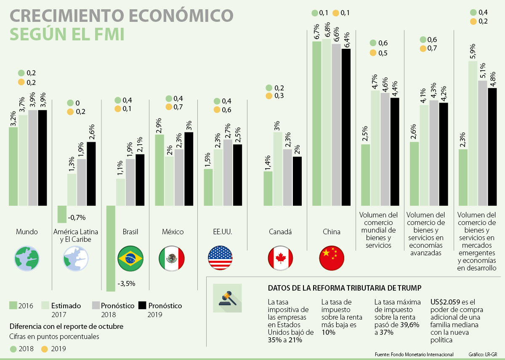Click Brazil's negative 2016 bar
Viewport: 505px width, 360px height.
(111, 248)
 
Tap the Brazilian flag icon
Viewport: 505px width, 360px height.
(130, 258)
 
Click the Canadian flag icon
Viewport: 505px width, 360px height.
(280, 258)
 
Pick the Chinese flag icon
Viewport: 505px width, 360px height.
(332, 258)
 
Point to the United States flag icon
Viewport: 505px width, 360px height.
(221, 258)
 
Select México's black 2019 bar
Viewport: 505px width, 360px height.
(189, 169)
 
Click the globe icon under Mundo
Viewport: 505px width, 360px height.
(27, 258)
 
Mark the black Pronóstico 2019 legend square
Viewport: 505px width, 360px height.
(142, 306)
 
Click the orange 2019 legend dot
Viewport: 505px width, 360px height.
(45, 349)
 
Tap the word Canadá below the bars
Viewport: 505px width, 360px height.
(280, 232)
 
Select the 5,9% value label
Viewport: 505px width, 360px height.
(473, 51)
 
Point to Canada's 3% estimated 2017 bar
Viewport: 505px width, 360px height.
(278, 169)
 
